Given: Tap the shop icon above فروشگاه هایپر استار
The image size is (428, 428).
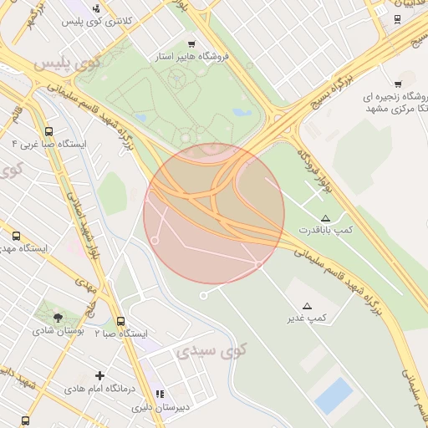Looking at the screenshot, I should [x=191, y=43].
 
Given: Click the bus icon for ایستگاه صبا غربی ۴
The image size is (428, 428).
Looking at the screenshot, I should [x=48, y=131].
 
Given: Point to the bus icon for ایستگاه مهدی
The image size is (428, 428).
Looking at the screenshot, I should [x=16, y=236].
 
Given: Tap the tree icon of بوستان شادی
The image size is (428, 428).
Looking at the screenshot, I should [x=58, y=318].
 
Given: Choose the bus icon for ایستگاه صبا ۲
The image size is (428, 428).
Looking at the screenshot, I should [x=120, y=321].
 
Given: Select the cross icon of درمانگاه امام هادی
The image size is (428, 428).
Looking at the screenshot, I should [x=100, y=376].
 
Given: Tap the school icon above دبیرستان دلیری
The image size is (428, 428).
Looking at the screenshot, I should [x=160, y=394].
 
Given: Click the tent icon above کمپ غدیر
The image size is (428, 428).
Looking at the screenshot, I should [x=307, y=305].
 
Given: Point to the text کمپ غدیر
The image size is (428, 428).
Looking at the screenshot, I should [x=307, y=318].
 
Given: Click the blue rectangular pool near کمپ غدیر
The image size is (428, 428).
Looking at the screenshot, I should [x=334, y=394].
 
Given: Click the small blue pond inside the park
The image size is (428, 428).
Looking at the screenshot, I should [x=243, y=111].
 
